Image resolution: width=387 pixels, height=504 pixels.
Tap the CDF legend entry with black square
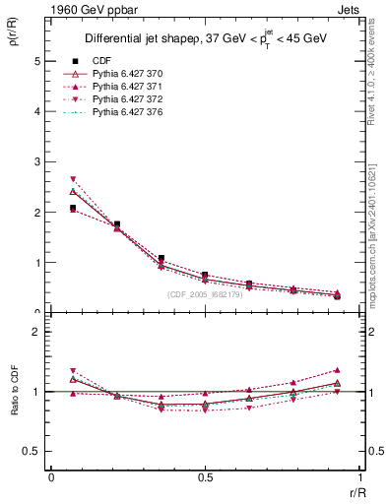pos(101,60)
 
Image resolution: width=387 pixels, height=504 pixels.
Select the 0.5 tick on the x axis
pos(204,477)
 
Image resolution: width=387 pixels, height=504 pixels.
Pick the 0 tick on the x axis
pos(50,477)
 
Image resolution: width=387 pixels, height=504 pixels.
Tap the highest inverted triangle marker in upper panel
pos(73,179)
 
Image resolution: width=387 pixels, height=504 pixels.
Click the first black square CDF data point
pos(73,208)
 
